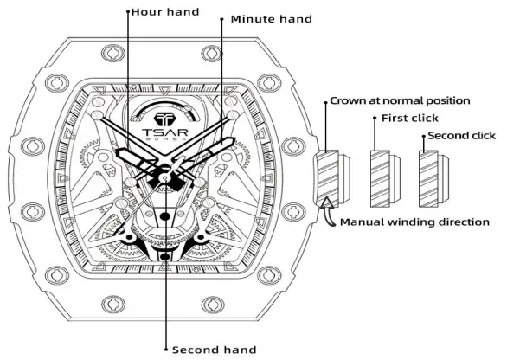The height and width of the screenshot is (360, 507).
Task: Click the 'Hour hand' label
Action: (x=164, y=13)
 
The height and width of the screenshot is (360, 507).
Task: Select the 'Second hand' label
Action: (x=214, y=350)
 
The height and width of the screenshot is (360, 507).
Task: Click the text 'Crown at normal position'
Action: (x=401, y=101)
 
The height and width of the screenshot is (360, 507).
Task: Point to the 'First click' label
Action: (x=409, y=118)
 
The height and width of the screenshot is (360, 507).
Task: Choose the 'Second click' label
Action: (x=462, y=135)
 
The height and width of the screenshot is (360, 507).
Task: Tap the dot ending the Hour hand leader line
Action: (x=128, y=13)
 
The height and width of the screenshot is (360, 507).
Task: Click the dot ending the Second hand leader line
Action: (x=165, y=349)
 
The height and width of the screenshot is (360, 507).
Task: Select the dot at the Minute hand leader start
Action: (x=223, y=18)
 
